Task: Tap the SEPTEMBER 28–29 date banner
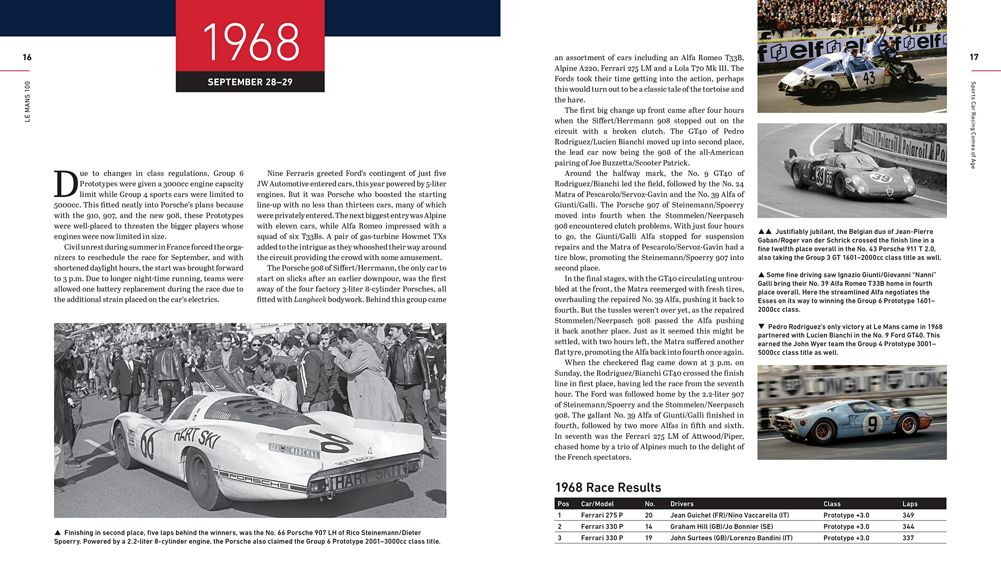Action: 250,82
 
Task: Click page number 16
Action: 27,57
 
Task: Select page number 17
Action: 974,57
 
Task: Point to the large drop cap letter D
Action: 66,184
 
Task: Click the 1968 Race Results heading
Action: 608,488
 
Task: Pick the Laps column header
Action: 910,504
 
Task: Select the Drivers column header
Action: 682,504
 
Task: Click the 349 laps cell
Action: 908,515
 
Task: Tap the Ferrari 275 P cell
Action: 602,515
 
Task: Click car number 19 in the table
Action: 648,538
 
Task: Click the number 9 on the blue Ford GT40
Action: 872,424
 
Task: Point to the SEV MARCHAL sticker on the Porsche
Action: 294,450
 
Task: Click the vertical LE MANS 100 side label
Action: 27,102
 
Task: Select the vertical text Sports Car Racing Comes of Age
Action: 973,125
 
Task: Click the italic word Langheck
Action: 310,300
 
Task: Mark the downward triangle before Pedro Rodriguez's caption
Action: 761,326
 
